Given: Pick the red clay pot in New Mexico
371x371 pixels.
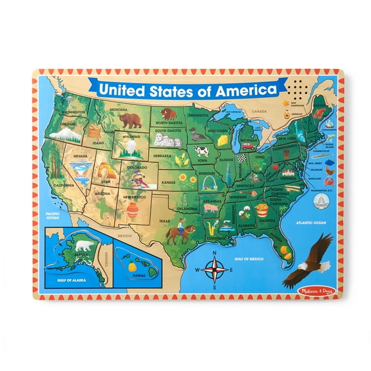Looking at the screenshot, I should (133, 208).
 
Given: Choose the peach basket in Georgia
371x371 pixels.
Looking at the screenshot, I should (262, 209).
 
